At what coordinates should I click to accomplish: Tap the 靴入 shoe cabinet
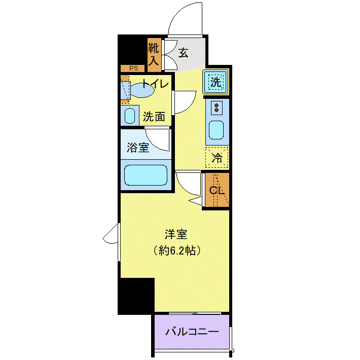[x=154, y=55]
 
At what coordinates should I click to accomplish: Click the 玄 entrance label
[x=183, y=52]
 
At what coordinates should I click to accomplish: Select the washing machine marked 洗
[x=216, y=82]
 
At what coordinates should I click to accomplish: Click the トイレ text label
[x=155, y=84]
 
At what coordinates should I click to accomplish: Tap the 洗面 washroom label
[x=154, y=116]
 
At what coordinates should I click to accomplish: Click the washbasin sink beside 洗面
[x=130, y=116]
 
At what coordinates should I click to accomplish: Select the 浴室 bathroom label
[x=137, y=148]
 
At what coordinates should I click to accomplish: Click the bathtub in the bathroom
[x=146, y=175]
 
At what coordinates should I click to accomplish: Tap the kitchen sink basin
[x=217, y=131]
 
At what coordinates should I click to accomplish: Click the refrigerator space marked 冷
[x=217, y=158]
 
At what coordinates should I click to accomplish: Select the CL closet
[x=217, y=190]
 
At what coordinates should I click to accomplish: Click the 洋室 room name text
[x=176, y=234]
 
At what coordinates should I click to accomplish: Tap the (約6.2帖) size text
[x=176, y=250]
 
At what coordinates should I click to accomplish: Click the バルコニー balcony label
[x=192, y=332]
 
